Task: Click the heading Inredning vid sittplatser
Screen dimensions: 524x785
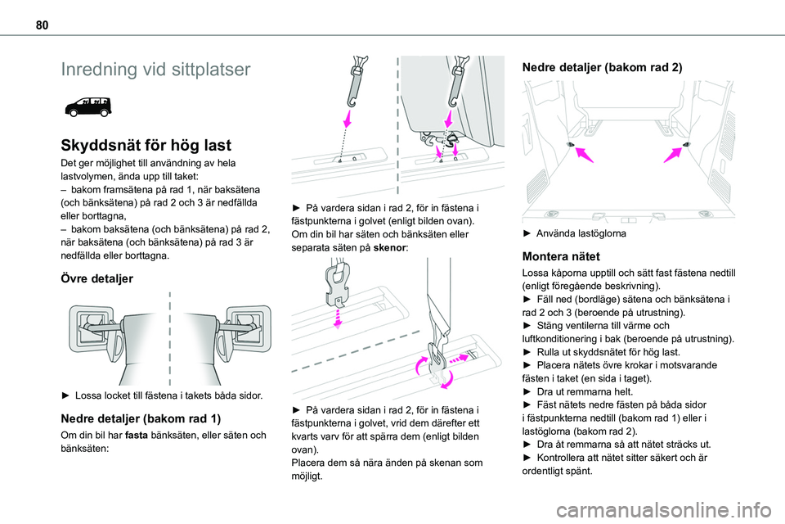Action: tap(155, 70)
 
